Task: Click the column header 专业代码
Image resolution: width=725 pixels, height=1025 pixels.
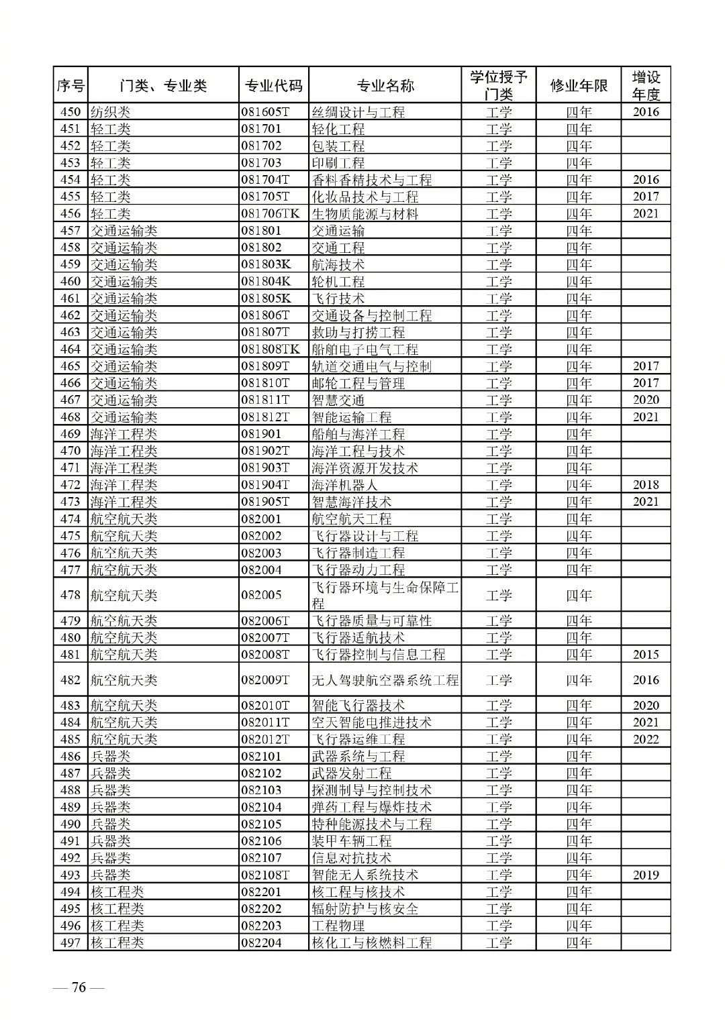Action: click(x=273, y=86)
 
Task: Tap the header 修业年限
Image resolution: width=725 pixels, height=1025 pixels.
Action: click(x=579, y=86)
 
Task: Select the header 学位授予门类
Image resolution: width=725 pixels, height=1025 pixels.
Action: click(x=499, y=86)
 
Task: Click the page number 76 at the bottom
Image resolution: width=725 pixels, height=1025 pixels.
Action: click(x=79, y=987)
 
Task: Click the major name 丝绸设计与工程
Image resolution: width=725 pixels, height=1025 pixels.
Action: click(x=358, y=112)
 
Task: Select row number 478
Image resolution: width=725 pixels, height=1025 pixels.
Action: click(x=70, y=595)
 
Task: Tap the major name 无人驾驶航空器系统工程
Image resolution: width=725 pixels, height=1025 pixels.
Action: click(x=385, y=680)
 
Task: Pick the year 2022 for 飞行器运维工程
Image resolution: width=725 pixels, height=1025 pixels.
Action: click(x=646, y=739)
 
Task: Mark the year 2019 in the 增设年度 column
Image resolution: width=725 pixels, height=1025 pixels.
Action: click(x=646, y=875)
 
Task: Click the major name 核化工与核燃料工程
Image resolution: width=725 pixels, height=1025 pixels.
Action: click(x=372, y=942)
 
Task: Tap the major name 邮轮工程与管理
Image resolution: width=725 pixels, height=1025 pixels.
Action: click(x=358, y=383)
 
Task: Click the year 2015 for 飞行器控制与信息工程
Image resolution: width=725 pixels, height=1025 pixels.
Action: click(x=646, y=655)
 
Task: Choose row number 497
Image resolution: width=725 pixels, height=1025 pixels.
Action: click(x=70, y=942)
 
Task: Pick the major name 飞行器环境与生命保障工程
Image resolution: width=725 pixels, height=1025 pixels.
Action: click(x=385, y=595)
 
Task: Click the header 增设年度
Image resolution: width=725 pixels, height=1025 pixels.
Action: click(x=646, y=86)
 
